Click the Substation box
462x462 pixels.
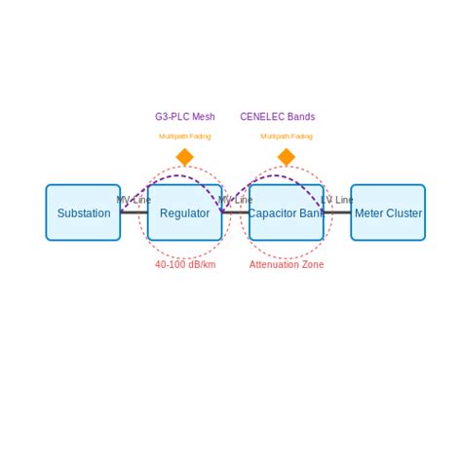coord(83,212)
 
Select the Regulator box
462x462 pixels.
coord(184,212)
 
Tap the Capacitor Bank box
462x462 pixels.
coord(286,212)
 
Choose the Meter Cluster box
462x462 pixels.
coord(388,212)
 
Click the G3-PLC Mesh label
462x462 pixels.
coord(184,117)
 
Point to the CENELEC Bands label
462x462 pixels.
coord(278,117)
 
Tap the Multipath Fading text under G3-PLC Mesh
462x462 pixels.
coord(184,136)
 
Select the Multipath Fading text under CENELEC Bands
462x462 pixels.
coord(287,136)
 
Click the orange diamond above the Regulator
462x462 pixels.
coord(184,157)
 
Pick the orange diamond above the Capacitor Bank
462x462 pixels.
coord(286,157)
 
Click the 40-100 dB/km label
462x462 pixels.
coord(185,264)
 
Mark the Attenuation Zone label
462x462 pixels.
coord(287,264)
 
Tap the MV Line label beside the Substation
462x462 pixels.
coord(134,200)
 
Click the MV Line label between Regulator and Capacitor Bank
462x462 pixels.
coord(235,200)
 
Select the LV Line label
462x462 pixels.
coord(337,200)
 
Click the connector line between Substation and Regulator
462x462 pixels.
coord(135,212)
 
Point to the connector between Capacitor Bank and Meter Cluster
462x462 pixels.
coord(337,212)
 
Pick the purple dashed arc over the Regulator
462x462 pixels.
coord(172,176)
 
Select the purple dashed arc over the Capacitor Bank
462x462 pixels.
coord(273,176)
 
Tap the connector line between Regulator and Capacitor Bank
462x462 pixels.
coord(236,212)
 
